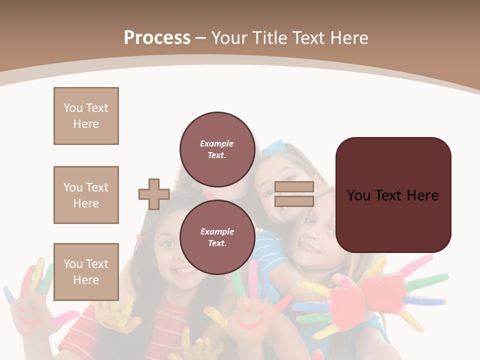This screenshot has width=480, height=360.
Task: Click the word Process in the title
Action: point(157,38)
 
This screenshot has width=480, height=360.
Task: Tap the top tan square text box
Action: point(86,116)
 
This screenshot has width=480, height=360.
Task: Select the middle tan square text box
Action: point(86,195)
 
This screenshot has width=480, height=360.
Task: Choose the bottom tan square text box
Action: point(86,272)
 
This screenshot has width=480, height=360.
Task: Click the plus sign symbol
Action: point(154,194)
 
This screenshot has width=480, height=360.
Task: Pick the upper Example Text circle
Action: point(217,149)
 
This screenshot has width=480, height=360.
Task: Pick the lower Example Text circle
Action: point(217,237)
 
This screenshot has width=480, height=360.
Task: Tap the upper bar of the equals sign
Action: point(294,187)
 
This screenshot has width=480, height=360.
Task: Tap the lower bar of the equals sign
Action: point(294,201)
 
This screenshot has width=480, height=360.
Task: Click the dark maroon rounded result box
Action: point(393,195)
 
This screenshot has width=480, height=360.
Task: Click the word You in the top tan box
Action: point(73,108)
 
